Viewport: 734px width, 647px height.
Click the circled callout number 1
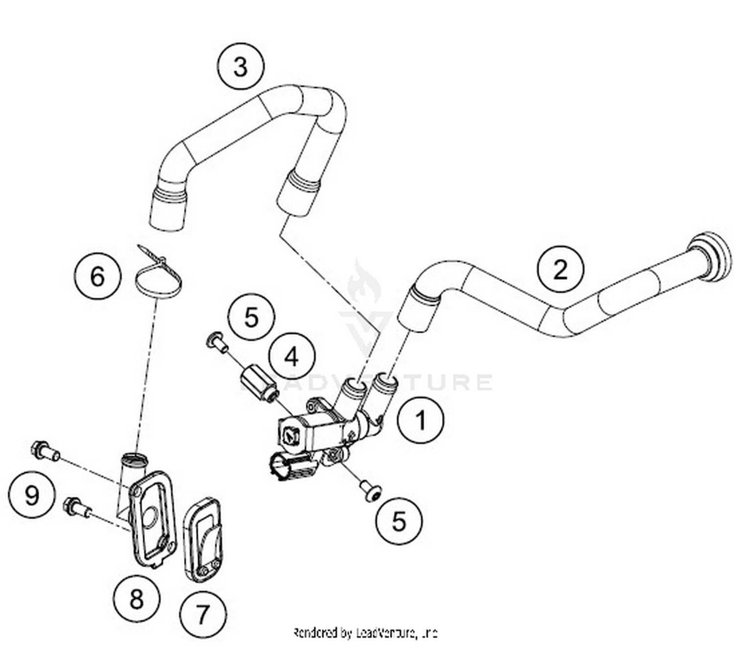pos(420,420)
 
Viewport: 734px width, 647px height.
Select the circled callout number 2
pos(560,269)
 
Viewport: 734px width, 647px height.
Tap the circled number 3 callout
pos(241,67)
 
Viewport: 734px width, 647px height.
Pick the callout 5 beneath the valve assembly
pos(399,521)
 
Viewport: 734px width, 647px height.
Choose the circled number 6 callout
pos(97,277)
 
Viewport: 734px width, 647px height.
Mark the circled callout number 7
pos(203,613)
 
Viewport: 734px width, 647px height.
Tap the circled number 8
pos(137,598)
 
